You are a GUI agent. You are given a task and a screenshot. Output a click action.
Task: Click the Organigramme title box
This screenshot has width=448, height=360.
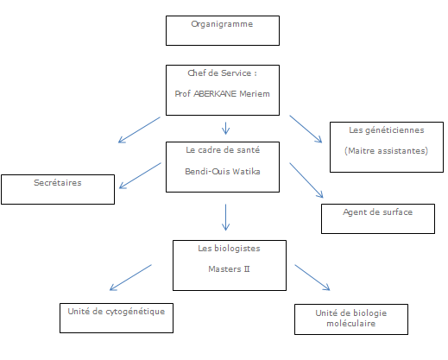[x=222, y=28]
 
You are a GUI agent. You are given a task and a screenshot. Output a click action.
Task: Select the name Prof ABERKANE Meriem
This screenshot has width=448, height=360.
[x=222, y=96]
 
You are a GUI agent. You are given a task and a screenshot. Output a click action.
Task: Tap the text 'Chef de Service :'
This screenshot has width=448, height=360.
[x=222, y=73]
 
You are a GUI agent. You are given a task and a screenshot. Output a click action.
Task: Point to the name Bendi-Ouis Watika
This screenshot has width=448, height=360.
[x=222, y=171]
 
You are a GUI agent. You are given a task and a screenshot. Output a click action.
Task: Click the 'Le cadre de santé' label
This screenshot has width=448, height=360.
[x=222, y=149]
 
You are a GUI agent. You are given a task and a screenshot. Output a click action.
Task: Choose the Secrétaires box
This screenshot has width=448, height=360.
[x=57, y=188]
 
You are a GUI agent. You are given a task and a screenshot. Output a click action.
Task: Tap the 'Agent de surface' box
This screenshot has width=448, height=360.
[x=378, y=218]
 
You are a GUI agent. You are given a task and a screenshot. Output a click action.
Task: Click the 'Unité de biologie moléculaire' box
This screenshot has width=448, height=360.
[x=350, y=319]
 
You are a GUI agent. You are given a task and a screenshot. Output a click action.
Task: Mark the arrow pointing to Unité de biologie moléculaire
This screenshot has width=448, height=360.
[x=312, y=278]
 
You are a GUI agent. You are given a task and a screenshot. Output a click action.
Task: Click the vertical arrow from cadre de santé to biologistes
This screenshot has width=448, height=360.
[x=225, y=218]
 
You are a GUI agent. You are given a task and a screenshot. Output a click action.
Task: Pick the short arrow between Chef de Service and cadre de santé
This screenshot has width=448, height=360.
[x=225, y=129]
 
